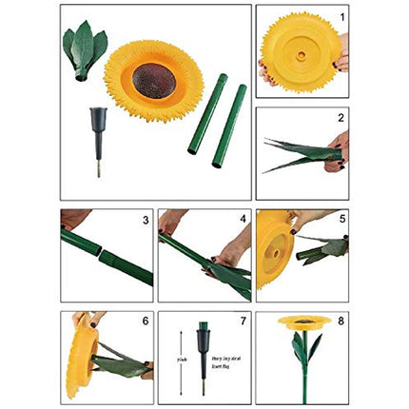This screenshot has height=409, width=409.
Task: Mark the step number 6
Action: (x=145, y=321)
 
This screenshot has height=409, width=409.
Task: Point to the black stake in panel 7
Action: (x=203, y=350)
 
